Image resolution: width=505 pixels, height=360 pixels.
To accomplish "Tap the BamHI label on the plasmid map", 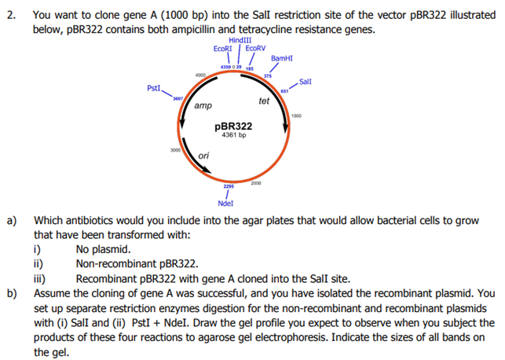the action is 282,58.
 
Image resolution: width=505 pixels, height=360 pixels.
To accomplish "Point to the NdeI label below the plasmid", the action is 225,202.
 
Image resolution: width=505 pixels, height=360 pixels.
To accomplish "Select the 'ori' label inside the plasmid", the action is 203,156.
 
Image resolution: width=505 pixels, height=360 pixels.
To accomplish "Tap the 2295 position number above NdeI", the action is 227,186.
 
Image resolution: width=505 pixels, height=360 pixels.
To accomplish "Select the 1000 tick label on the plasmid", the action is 295,116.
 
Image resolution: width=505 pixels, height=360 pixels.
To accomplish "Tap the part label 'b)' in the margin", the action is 13,294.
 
